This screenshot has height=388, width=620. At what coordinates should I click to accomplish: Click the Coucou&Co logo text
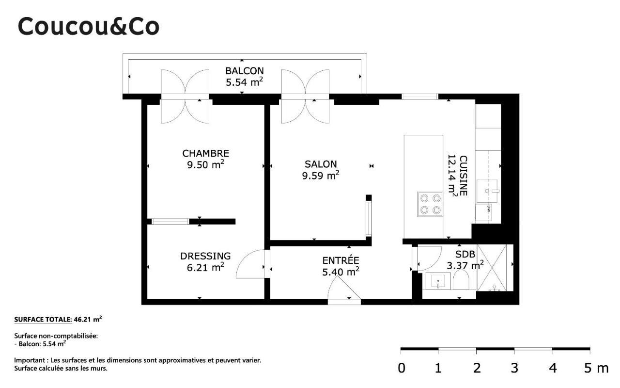(x=89, y=26)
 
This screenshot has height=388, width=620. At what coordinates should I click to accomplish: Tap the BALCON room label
(x=245, y=71)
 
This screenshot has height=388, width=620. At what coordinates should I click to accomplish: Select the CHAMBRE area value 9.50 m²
(x=205, y=164)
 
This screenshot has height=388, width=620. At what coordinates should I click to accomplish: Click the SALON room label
(x=321, y=164)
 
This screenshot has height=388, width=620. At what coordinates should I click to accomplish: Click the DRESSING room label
(x=205, y=256)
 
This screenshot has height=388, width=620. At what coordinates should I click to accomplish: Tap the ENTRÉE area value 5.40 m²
(x=341, y=272)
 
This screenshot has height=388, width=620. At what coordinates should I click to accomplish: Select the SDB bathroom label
(x=465, y=254)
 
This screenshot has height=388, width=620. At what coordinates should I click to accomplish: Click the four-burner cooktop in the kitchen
(x=430, y=204)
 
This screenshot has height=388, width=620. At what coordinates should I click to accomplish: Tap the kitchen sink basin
(x=487, y=191)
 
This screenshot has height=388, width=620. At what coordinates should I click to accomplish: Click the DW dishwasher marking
(x=489, y=209)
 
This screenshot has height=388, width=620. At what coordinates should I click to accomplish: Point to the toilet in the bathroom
(x=461, y=280)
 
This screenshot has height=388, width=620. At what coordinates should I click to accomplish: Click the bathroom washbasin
(x=438, y=281)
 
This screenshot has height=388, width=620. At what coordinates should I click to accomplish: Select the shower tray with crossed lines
(x=492, y=268)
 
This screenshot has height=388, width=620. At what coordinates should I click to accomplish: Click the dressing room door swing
(x=250, y=263)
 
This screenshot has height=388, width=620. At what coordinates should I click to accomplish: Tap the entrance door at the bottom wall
(x=344, y=290)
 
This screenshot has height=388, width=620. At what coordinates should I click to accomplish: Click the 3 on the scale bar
(x=514, y=368)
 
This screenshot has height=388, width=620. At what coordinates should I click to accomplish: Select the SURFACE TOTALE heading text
(x=43, y=319)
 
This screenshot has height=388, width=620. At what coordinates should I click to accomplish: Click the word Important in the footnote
(x=30, y=360)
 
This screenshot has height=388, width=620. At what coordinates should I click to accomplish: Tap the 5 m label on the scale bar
(x=596, y=368)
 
